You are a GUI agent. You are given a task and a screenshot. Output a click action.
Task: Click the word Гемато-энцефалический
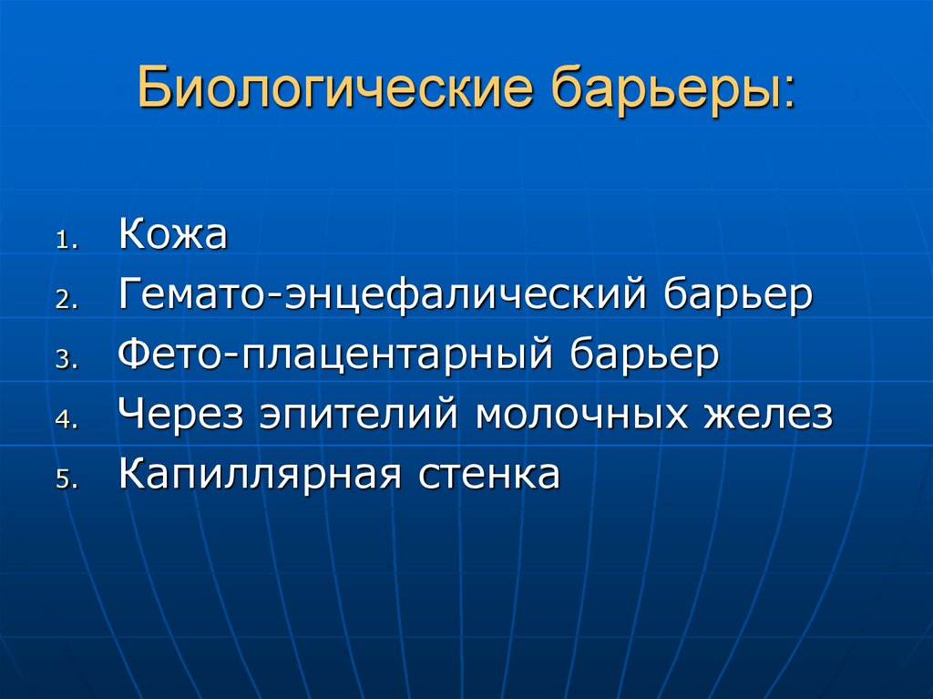coord(384,297)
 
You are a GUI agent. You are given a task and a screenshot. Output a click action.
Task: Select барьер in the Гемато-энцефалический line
coord(738,297)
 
